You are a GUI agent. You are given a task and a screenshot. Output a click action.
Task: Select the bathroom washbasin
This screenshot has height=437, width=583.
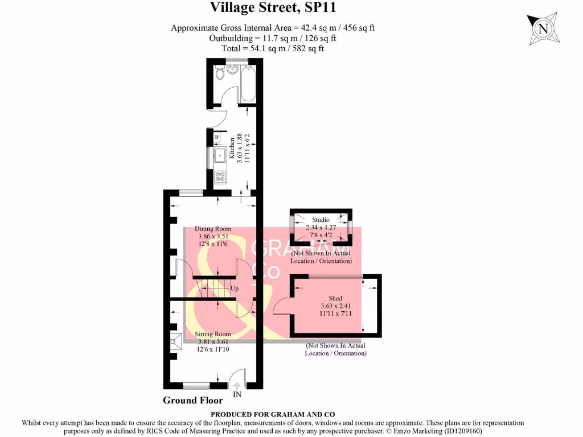[232, 69]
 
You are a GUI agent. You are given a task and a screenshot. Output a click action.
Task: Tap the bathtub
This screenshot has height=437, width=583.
[248, 84]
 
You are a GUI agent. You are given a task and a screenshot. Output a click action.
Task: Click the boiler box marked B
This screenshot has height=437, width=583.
[217, 137]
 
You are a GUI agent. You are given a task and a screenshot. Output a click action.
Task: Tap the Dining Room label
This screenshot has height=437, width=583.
[213, 229]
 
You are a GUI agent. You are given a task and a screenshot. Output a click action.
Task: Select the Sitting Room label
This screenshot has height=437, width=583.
[213, 334]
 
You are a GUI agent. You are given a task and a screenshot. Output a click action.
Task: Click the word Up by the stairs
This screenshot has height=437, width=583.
[234, 288]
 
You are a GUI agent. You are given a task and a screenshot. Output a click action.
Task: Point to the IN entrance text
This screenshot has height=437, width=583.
[237, 394]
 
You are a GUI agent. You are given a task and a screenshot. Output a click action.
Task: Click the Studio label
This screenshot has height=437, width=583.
[321, 220]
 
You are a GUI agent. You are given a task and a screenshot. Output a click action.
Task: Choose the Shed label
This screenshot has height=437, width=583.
[335, 298]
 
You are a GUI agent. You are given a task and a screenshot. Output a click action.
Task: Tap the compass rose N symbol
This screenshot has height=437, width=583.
[544, 28]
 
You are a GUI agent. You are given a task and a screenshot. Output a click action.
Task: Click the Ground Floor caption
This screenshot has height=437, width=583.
[192, 400]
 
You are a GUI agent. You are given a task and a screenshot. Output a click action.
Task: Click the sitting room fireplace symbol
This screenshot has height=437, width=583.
[176, 341]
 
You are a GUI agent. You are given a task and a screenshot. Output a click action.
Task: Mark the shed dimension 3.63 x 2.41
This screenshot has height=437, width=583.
[335, 306]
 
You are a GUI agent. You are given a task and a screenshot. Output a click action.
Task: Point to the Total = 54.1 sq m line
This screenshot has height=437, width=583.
[273, 48]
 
